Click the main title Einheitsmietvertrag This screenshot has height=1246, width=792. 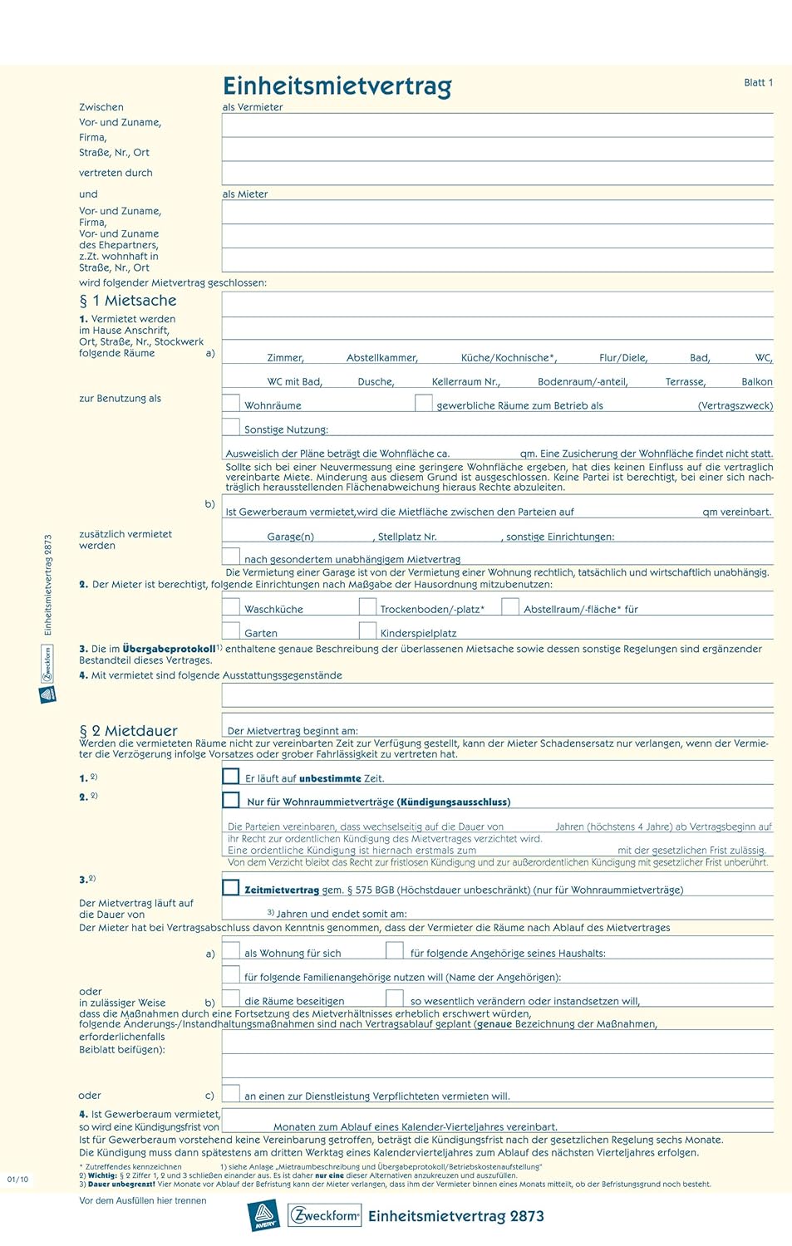337,86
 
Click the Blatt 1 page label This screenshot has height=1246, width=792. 758,82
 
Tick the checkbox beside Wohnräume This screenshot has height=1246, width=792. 231,403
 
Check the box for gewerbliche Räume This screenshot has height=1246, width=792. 424,403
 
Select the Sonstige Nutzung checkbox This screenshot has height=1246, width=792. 231,427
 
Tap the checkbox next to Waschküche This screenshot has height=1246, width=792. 231,606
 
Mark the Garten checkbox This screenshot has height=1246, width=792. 231,630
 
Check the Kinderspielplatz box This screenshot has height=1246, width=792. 367,630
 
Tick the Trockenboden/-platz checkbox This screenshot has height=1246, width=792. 367,606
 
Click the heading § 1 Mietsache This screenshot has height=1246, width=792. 128,301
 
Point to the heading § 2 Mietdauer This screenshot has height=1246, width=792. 129,730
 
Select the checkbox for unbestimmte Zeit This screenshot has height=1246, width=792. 231,776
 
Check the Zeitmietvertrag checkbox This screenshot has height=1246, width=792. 231,887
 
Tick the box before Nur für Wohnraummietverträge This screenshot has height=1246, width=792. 231,800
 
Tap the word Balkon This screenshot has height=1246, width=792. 757,382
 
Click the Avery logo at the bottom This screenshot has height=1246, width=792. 264,1216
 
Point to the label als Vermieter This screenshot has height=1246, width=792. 253,107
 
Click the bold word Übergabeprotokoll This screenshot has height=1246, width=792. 169,649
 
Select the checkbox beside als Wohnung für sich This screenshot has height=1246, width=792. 231,950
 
